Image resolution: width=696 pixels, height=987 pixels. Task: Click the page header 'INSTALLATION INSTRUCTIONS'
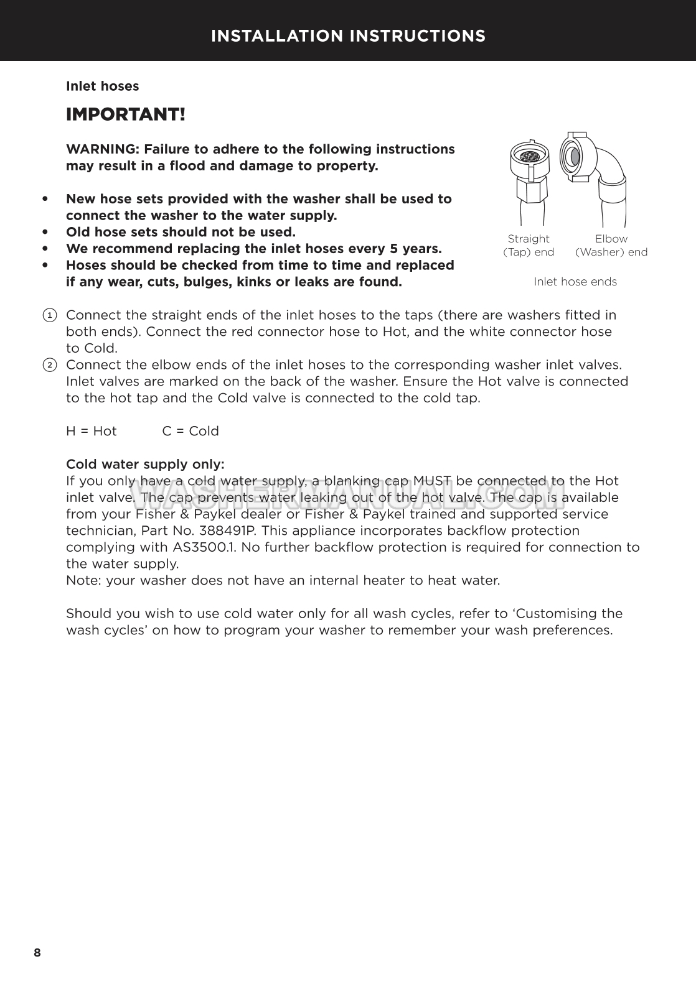348,36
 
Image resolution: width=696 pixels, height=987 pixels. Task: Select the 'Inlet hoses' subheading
103,86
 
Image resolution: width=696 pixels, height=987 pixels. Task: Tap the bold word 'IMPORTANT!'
126,115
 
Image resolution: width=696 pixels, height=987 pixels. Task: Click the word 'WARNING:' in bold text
103,150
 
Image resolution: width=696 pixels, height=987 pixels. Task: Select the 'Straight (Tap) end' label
529,246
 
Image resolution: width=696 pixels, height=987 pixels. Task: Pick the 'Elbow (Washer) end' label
611,246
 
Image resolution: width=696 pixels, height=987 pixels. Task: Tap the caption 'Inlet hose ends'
575,282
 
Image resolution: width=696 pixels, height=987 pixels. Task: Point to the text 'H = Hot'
92,432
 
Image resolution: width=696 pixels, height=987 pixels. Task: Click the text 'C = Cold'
190,432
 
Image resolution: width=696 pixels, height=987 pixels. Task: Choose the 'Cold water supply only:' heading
145,465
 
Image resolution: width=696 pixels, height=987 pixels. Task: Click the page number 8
37,953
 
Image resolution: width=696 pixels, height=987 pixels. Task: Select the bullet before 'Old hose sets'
45,233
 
